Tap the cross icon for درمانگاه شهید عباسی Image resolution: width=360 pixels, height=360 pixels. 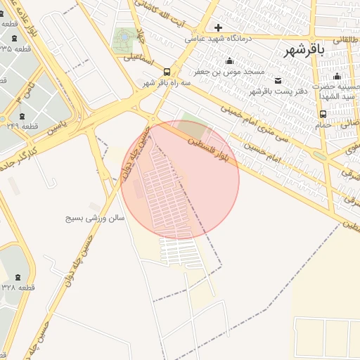click(219, 27)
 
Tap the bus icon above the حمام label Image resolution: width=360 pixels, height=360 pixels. click(323, 114)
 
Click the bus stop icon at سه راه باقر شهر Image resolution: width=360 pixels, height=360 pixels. click(167, 72)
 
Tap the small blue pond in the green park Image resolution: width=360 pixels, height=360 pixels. click(125, 36)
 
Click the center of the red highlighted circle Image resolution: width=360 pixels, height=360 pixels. click(180, 180)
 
